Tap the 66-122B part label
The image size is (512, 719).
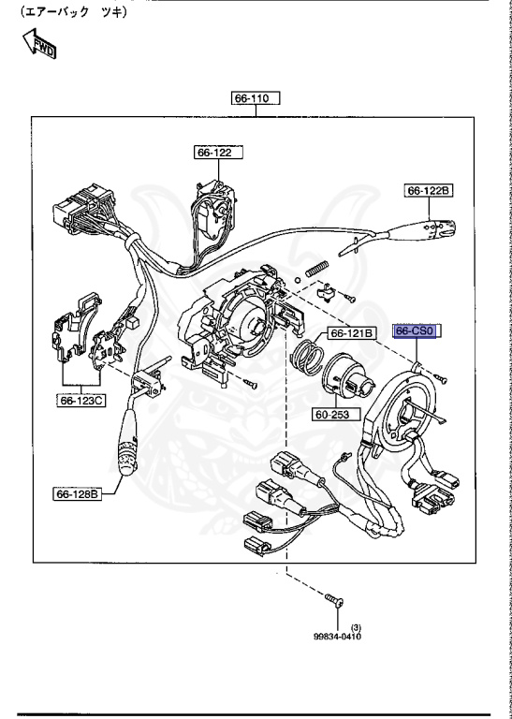(x=429, y=190)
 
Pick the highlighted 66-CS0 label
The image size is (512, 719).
(x=417, y=331)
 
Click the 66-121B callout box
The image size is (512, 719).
(x=350, y=332)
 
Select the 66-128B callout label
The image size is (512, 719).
(x=80, y=492)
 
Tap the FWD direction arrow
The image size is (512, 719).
(x=40, y=44)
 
